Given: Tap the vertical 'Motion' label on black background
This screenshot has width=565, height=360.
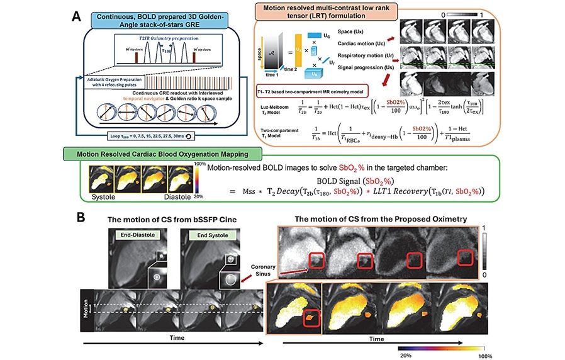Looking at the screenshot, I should pos(87,308).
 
